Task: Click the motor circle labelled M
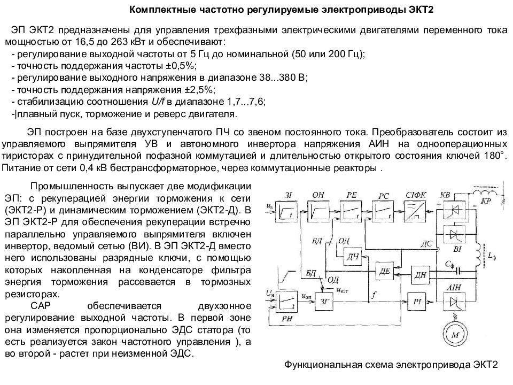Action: (455, 334)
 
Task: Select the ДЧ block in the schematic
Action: (352, 256)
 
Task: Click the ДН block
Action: (421, 274)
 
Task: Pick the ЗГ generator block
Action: (324, 301)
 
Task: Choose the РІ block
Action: (417, 301)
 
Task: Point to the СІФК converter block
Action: (415, 211)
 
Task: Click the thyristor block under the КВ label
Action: (454, 210)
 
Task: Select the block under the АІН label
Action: (454, 301)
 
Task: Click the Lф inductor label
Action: (492, 256)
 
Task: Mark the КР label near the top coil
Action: (486, 201)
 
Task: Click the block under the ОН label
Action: (318, 212)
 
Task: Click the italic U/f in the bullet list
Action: (158, 102)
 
